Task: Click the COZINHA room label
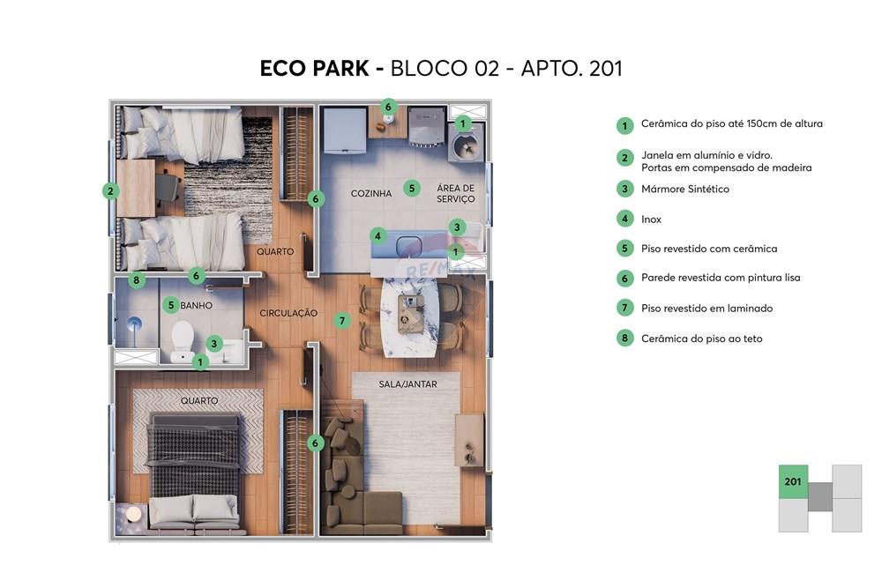pyautogui.click(x=370, y=193)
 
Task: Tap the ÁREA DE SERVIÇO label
pyautogui.click(x=455, y=193)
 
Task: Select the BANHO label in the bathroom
pyautogui.click(x=197, y=306)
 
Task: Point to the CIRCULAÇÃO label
pyautogui.click(x=288, y=313)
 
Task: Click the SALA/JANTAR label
pyautogui.click(x=407, y=384)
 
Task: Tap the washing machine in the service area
pyautogui.click(x=464, y=145)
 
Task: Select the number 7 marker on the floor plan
pyautogui.click(x=342, y=321)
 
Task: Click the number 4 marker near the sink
pyautogui.click(x=377, y=235)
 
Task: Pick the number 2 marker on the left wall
pyautogui.click(x=110, y=190)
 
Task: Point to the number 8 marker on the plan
pyautogui.click(x=136, y=281)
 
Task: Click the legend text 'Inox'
pyautogui.click(x=651, y=220)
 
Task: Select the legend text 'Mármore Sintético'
pyautogui.click(x=685, y=189)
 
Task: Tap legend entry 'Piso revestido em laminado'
pyautogui.click(x=706, y=309)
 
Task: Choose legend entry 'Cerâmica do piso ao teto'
pyautogui.click(x=701, y=339)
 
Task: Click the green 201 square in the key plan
pyautogui.click(x=793, y=481)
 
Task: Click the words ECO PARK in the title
pyautogui.click(x=314, y=69)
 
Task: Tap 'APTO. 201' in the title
pyautogui.click(x=572, y=69)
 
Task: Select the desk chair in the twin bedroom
pyautogui.click(x=168, y=187)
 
